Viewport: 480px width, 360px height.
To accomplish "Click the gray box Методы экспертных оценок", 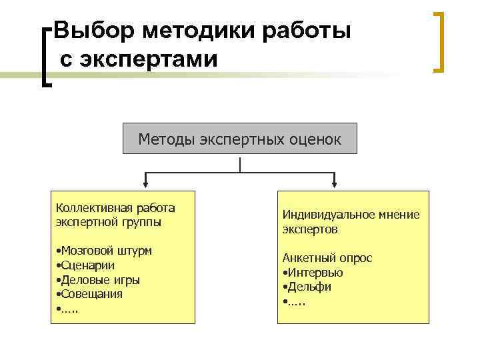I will tap(239, 139).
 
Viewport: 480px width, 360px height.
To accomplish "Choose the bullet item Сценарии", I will tap(87, 265).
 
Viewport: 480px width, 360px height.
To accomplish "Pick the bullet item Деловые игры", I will tap(99, 279).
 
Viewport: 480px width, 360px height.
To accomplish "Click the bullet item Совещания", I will tap(91, 293).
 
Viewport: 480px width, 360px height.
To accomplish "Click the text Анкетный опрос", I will tap(327, 257).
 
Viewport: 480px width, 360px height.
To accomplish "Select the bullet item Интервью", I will tap(315, 272).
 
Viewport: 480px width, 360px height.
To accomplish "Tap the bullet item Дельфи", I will tap(309, 286).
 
